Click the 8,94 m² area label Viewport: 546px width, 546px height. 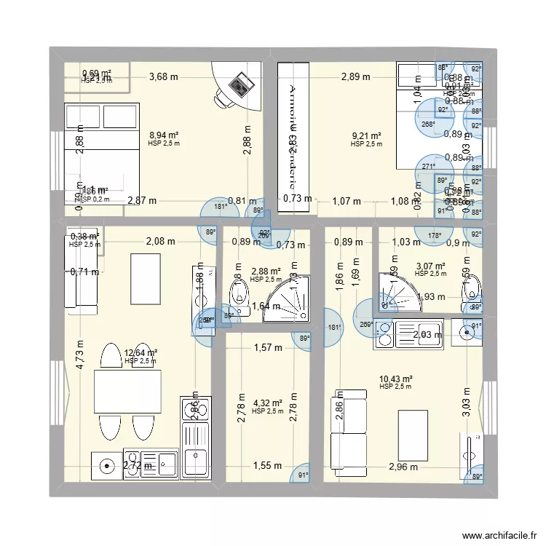(163, 135)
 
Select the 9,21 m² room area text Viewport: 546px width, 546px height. (366, 136)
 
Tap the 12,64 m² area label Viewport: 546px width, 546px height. (141, 353)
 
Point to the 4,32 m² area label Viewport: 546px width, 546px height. (267, 403)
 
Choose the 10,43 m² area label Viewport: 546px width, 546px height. (396, 379)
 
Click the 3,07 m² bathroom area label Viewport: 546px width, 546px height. (431, 266)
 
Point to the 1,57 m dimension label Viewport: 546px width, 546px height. (268, 348)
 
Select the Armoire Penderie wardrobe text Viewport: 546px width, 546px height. (292, 131)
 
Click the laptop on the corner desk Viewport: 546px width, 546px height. (238, 87)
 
